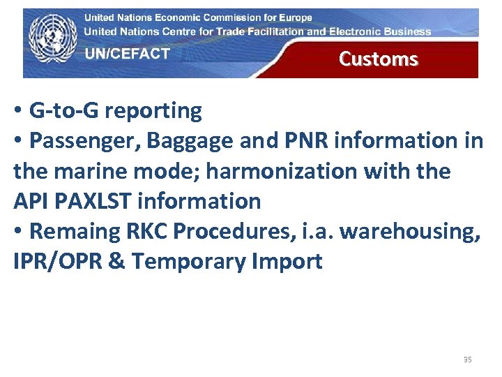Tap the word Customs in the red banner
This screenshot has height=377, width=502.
click(x=378, y=59)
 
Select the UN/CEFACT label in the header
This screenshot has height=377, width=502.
click(x=127, y=54)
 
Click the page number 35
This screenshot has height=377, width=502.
click(x=467, y=360)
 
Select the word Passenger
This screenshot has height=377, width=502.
click(x=86, y=140)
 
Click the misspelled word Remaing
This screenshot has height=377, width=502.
click(x=76, y=231)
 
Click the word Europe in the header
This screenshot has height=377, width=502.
click(x=294, y=17)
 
